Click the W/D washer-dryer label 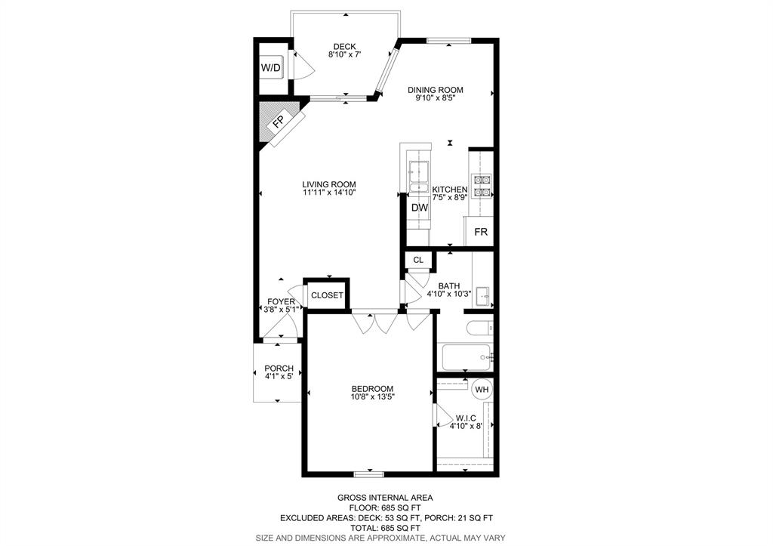pos(270,67)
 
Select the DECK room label pos(344,47)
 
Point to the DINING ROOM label pos(435,90)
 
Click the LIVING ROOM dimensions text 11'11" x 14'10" pos(329,193)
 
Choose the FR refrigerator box pos(481,231)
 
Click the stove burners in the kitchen pos(482,186)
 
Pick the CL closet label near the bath pos(418,260)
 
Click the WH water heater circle pos(482,390)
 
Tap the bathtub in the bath pos(466,358)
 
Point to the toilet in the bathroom pos(478,328)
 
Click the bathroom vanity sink pos(484,296)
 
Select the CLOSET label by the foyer pos(327,295)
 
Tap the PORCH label pos(279,369)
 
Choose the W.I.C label pos(465,418)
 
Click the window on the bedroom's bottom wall pos(368,474)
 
